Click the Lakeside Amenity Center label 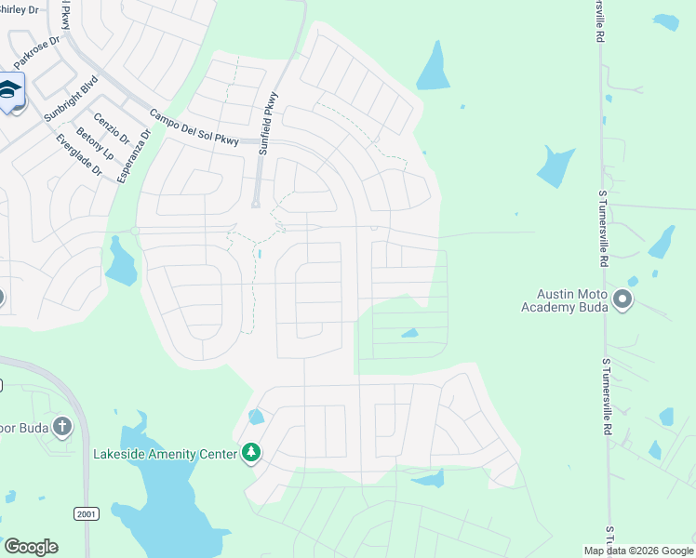(x=164, y=454)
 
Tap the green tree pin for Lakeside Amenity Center (x=250, y=453)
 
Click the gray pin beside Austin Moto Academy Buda (x=622, y=299)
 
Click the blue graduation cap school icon (x=10, y=91)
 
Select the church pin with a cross (x=62, y=427)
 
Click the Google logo (x=31, y=547)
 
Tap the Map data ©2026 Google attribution (x=638, y=551)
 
